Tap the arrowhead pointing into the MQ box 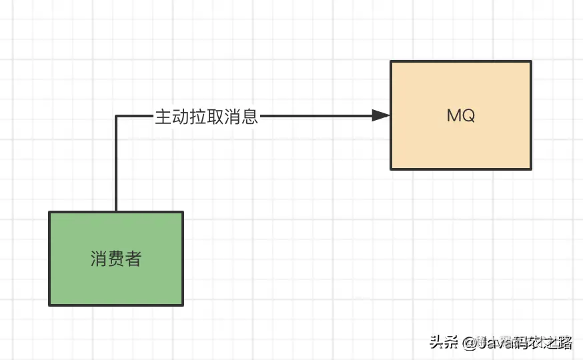[381, 116]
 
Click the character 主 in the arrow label [163, 117]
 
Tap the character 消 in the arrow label [232, 117]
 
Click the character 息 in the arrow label [249, 117]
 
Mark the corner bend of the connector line [116, 117]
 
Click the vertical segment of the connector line [116, 167]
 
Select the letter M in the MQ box [454, 115]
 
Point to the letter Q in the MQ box [468, 115]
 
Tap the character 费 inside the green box [116, 259]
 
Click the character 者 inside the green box [133, 259]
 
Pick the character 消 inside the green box [99, 259]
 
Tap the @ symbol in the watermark [468, 343]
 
